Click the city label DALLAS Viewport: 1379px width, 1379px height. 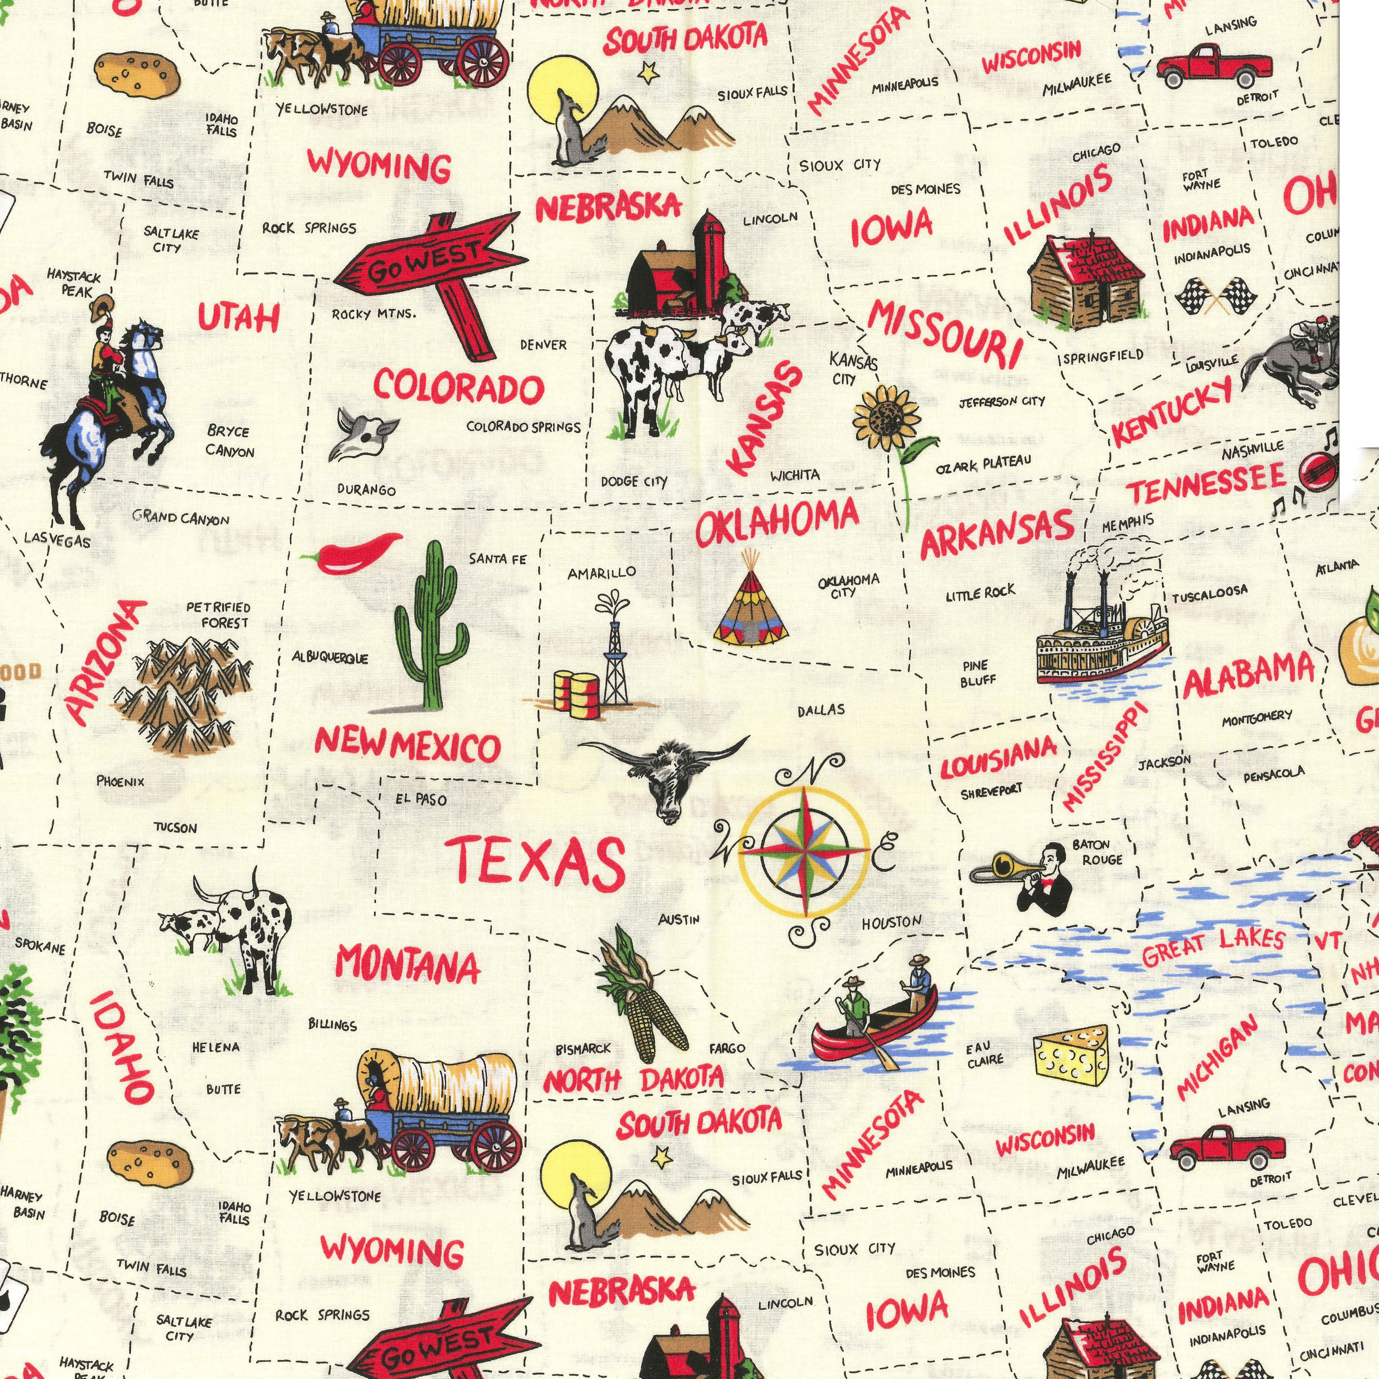tap(821, 710)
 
